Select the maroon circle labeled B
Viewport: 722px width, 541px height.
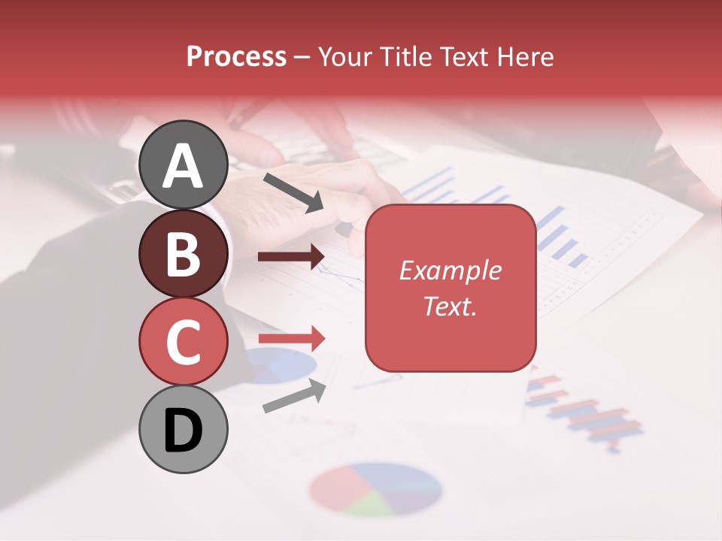(183, 253)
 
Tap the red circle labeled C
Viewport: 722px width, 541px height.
(183, 341)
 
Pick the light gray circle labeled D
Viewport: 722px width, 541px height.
(183, 429)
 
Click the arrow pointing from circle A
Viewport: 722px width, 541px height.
(293, 192)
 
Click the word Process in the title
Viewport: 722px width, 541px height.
(236, 57)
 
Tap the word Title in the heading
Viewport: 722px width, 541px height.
(407, 57)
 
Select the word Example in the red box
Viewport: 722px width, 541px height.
(450, 270)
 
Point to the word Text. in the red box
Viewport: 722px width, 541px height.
(450, 306)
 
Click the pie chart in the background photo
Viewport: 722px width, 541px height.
(375, 489)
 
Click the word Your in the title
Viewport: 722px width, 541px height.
(346, 57)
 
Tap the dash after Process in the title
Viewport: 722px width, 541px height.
(302, 58)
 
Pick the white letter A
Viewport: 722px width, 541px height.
(183, 166)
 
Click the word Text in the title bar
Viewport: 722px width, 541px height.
(466, 57)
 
